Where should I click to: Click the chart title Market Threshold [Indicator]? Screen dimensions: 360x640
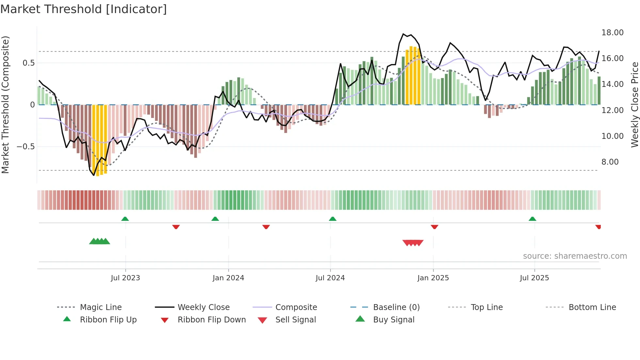click(84, 9)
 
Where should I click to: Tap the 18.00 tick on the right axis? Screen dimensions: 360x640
click(612, 33)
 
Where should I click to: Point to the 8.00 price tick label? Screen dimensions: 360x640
click(610, 162)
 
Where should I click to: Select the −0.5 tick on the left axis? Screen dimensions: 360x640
click(25, 147)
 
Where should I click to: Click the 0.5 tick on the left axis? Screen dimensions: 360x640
click(28, 63)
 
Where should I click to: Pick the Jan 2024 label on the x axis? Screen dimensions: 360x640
click(228, 278)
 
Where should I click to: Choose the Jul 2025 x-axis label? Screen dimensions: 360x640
click(534, 278)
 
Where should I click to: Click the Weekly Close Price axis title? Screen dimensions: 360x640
click(634, 105)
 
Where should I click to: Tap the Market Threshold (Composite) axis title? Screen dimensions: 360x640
click(5, 105)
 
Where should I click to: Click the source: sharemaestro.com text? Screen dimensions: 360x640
click(575, 256)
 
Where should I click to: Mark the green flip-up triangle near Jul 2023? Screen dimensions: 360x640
click(125, 219)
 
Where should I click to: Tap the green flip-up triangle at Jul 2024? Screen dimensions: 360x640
click(332, 219)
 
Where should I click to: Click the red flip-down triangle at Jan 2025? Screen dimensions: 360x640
click(434, 227)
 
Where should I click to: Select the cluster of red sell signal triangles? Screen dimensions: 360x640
click(413, 243)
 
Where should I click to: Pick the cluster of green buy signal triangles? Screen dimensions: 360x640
click(100, 241)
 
